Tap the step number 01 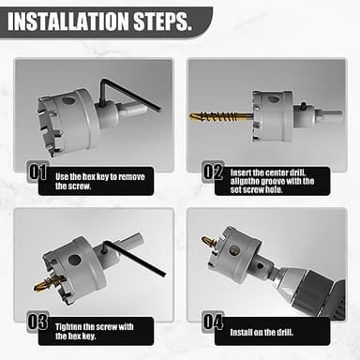click(37, 172)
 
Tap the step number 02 click(213, 172)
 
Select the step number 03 click(37, 321)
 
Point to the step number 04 click(213, 321)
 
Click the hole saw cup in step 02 click(272, 114)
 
